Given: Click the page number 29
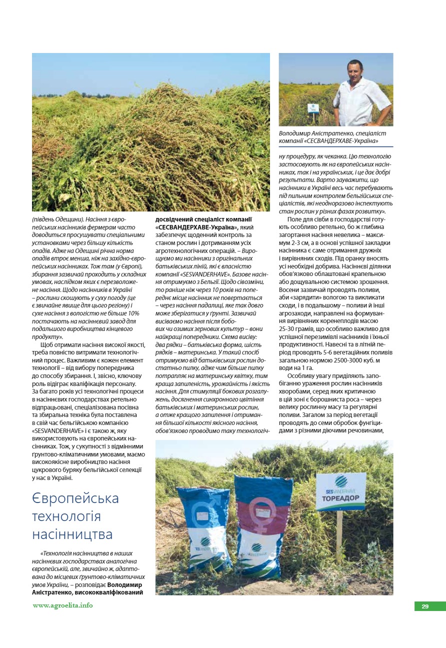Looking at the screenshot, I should coord(425,606).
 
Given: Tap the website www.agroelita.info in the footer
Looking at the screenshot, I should coord(62,605).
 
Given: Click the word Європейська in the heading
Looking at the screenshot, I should coord(75,498).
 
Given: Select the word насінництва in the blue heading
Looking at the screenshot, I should coord(72,534).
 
